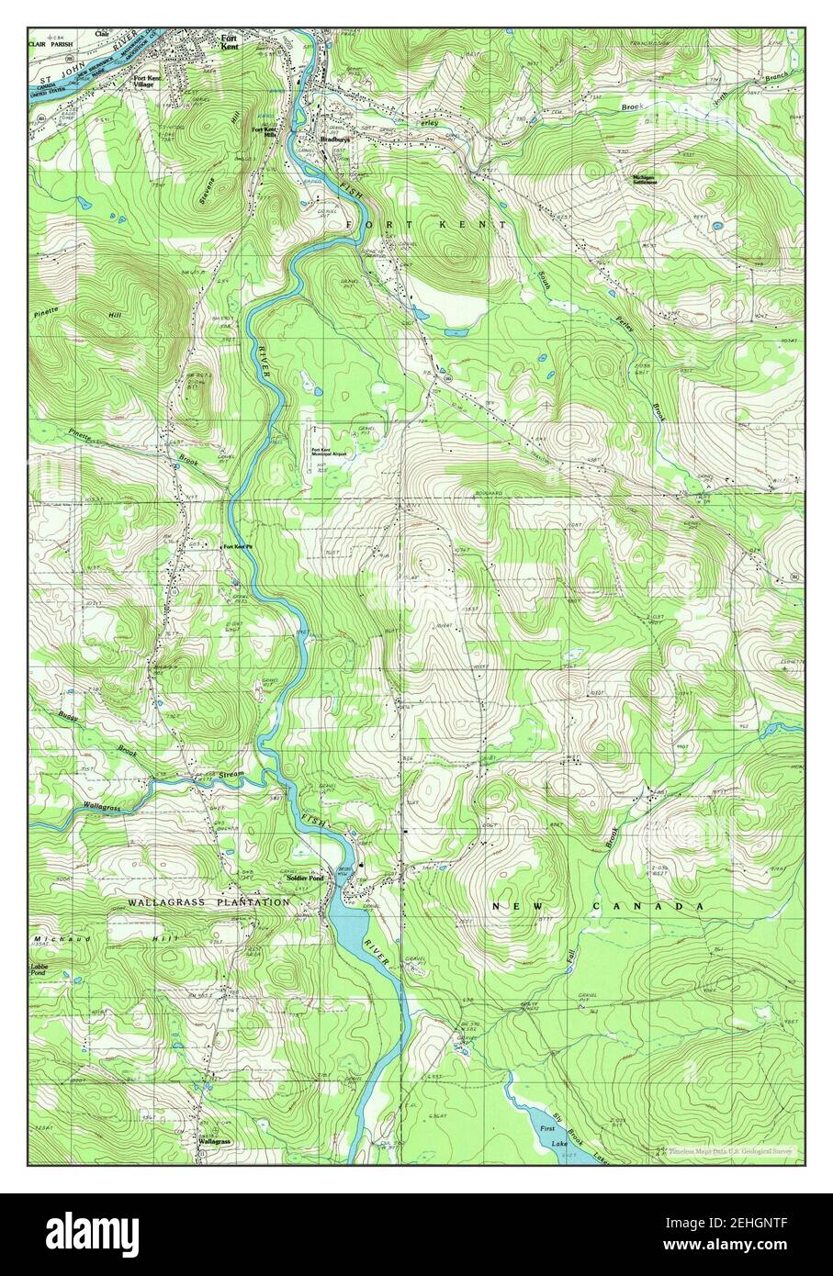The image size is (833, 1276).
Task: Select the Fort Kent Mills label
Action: (x=265, y=131)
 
